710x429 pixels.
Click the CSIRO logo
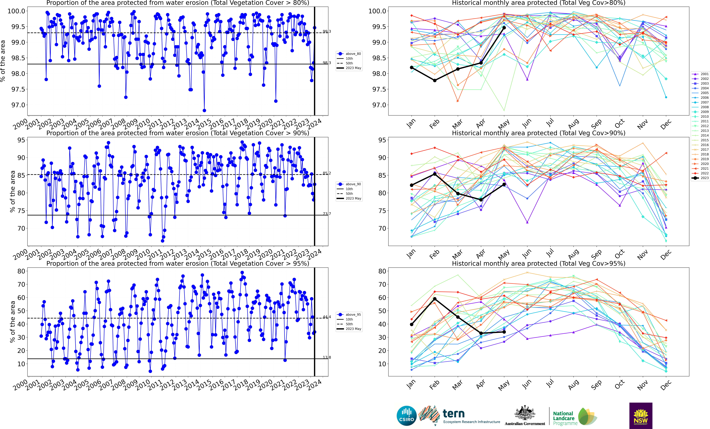coord(407,416)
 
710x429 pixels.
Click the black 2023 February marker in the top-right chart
coord(435,80)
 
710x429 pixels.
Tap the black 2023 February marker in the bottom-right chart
coord(435,299)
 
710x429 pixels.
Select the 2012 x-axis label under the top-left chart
coord(166,124)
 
